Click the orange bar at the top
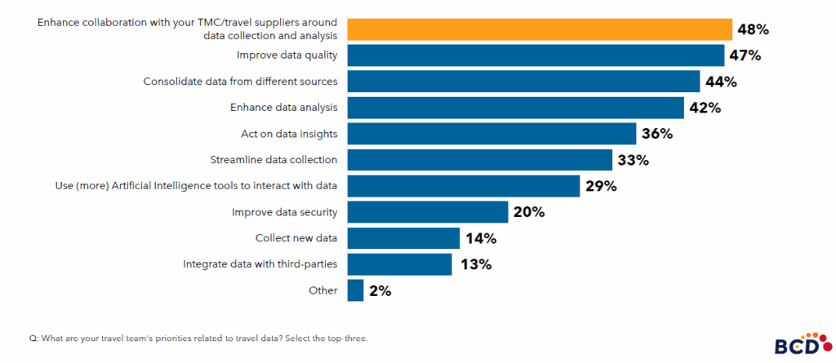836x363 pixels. coord(540,29)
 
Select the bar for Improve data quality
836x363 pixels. coord(536,55)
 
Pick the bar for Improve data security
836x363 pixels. coord(428,212)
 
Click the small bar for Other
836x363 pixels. coord(355,290)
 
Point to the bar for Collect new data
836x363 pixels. coord(403,238)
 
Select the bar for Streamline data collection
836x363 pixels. coord(479,160)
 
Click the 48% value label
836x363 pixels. coord(752,30)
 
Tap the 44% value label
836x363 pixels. coord(720,82)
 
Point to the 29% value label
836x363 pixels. coord(600,186)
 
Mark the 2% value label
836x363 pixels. coord(380,291)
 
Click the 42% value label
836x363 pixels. coord(704,108)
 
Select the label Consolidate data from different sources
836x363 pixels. coord(241,82)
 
